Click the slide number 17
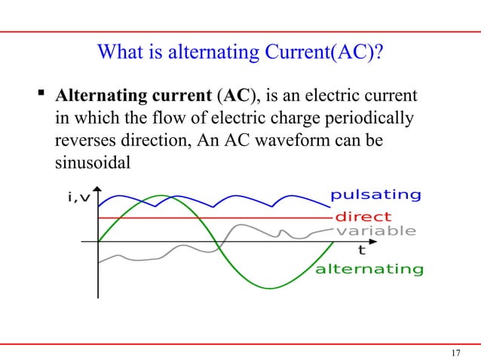coord(455,331)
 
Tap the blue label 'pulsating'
coord(375,195)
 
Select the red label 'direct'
coord(363,217)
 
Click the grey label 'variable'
coord(375,230)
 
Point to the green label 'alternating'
coord(369,269)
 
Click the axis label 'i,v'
coord(80,197)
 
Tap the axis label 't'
coord(361,249)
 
